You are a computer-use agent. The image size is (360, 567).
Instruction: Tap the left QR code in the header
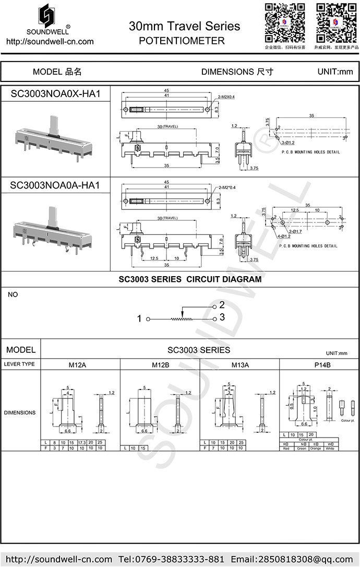click(284, 23)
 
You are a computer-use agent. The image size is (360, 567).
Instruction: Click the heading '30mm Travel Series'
click(184, 26)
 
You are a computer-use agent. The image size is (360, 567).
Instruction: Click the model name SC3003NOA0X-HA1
click(55, 94)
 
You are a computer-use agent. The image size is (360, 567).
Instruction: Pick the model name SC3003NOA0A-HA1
click(55, 185)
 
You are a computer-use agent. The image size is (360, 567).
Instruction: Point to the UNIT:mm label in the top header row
click(335, 72)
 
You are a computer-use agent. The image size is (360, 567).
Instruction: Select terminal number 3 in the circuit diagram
click(222, 317)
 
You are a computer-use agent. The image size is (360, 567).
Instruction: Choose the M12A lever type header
click(80, 364)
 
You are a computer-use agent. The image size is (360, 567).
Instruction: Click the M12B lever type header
click(160, 364)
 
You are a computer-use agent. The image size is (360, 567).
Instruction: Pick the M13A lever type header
click(240, 364)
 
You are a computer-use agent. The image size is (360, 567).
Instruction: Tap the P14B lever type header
click(319, 364)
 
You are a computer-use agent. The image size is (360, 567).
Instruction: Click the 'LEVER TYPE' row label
click(20, 364)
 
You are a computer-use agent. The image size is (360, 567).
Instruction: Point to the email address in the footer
click(293, 560)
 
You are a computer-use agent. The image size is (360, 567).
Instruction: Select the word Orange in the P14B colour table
click(315, 448)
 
